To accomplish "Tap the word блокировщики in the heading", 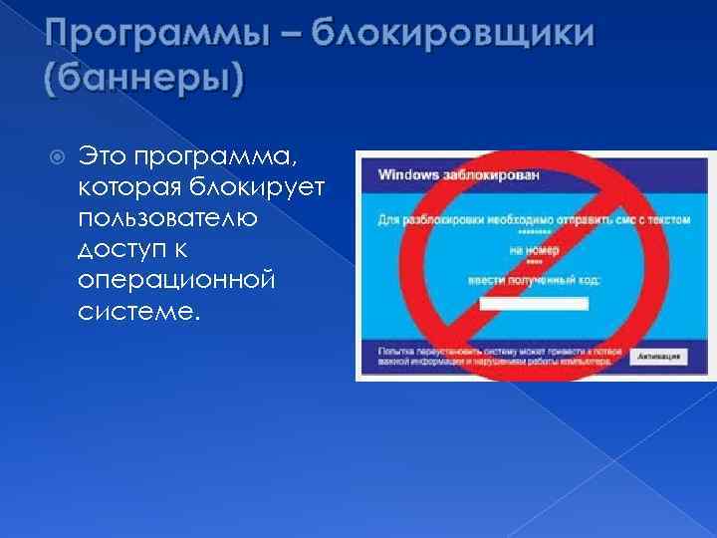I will pyautogui.click(x=454, y=37).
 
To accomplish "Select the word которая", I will pyautogui.click(x=126, y=188).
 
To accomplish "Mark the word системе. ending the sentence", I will pyautogui.click(x=137, y=313).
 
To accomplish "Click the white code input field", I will pyautogui.click(x=533, y=303).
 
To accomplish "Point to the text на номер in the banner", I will pyautogui.click(x=534, y=251).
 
